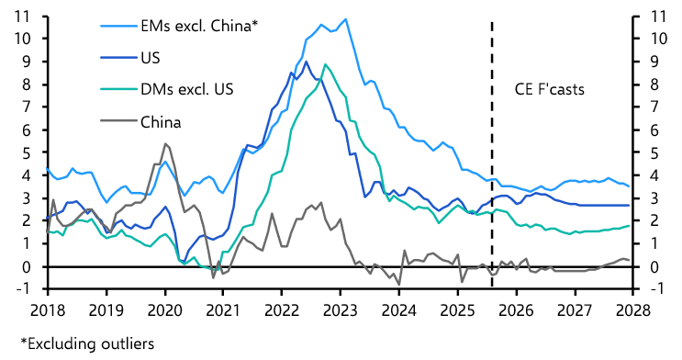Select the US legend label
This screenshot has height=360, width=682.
151,57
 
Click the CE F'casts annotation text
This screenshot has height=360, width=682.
548,89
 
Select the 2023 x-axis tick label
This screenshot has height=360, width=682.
342,310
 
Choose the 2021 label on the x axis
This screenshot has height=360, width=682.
224,310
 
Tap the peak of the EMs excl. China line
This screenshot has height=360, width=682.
344,19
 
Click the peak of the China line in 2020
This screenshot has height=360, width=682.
165,144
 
